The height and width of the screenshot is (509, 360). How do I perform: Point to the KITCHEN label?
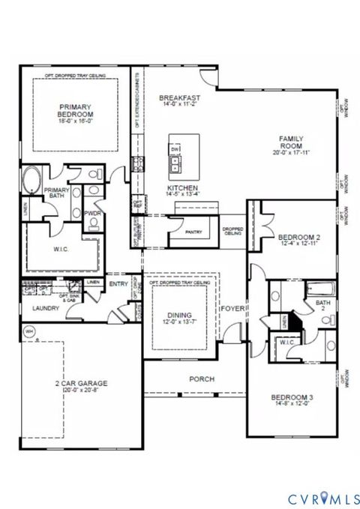182,187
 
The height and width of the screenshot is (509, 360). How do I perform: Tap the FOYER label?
232,308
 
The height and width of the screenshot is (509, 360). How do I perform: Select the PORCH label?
202,379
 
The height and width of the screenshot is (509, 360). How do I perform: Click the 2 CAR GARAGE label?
80,384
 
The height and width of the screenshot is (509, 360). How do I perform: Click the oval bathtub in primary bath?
33,181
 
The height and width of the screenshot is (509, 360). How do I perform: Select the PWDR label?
93,213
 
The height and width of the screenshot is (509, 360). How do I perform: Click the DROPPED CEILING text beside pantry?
231,230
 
